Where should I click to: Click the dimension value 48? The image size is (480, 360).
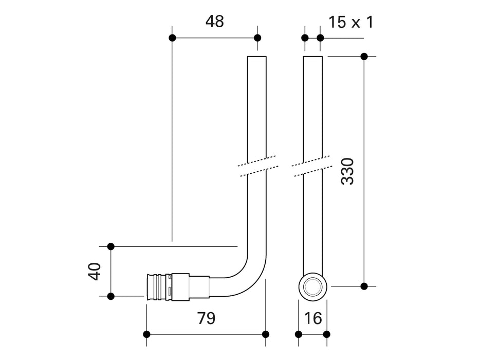click(x=215, y=22)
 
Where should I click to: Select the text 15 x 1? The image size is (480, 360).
click(x=351, y=22)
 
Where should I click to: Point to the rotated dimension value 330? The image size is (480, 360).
click(x=348, y=171)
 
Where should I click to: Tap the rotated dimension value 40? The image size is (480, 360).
click(x=94, y=272)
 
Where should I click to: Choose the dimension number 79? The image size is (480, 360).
click(x=206, y=318)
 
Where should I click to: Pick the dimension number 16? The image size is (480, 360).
click(x=312, y=318)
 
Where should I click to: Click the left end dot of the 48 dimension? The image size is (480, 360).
click(x=172, y=38)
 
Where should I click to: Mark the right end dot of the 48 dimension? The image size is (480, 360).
click(x=257, y=38)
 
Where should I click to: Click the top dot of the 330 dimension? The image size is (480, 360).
click(x=364, y=57)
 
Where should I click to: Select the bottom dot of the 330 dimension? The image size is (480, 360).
click(x=364, y=286)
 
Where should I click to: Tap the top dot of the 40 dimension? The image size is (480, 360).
click(x=110, y=247)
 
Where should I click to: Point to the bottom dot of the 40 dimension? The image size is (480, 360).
click(x=110, y=296)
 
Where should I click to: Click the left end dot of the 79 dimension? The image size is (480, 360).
click(x=146, y=334)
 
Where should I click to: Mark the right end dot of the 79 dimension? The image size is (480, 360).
click(x=266, y=334)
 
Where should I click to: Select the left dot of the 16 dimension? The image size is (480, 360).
click(x=299, y=334)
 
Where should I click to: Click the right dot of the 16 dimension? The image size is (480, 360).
click(x=326, y=334)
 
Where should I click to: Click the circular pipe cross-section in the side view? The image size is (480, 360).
click(x=312, y=286)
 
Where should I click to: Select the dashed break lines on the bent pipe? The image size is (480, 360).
click(x=257, y=166)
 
